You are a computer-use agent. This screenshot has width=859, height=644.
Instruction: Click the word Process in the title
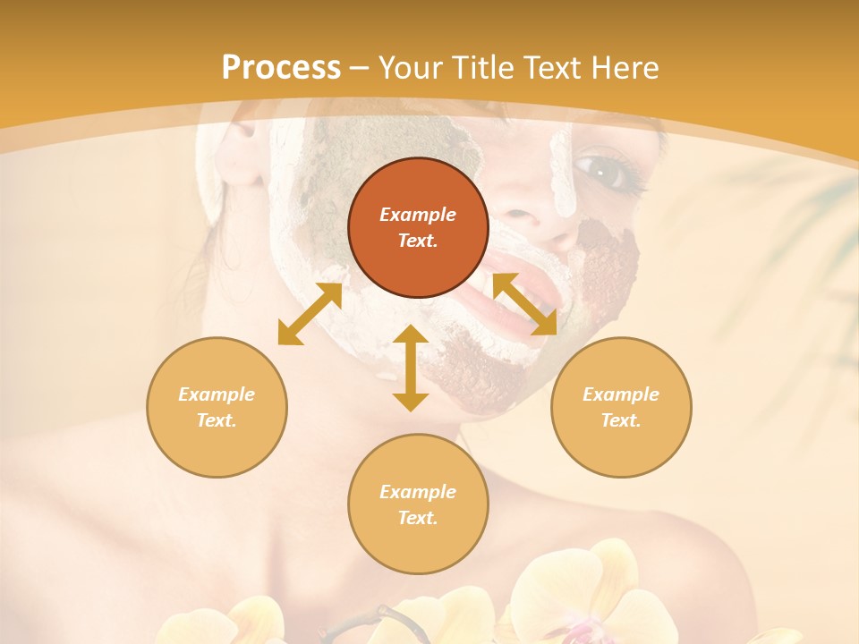(x=281, y=68)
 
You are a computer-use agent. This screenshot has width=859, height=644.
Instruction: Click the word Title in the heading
(x=483, y=68)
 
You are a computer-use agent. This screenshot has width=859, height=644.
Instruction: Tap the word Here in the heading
(x=622, y=68)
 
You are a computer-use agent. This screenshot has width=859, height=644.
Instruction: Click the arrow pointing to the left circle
(x=310, y=314)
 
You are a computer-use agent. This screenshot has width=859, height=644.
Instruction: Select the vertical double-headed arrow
(x=411, y=368)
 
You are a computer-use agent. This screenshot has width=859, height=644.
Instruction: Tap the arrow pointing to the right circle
(x=524, y=304)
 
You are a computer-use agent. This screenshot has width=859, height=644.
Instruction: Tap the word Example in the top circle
(x=418, y=215)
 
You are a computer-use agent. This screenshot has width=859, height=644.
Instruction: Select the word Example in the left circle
(x=217, y=394)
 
